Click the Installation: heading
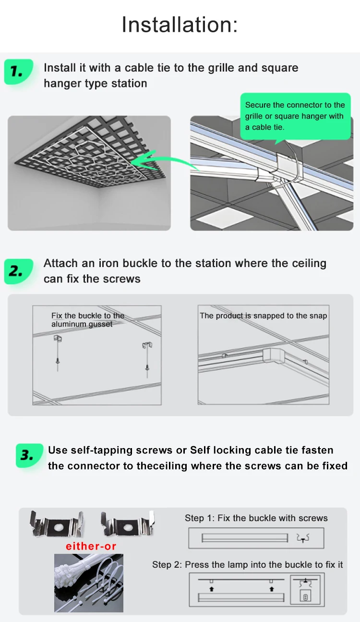pyautogui.click(x=180, y=24)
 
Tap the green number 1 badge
pyautogui.click(x=18, y=72)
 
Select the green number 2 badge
pyautogui.click(x=18, y=271)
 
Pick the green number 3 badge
pyautogui.click(x=29, y=456)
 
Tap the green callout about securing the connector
pyautogui.click(x=295, y=117)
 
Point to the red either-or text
pyautogui.click(x=91, y=547)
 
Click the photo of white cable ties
pyautogui.click(x=88, y=583)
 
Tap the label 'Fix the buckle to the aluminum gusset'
pyautogui.click(x=88, y=320)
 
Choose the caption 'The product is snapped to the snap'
pyautogui.click(x=264, y=316)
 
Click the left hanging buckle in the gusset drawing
pyautogui.click(x=58, y=353)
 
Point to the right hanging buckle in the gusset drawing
pyautogui.click(x=147, y=359)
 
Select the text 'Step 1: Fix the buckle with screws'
pyautogui.click(x=256, y=518)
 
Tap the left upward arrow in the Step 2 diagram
pyautogui.click(x=212, y=589)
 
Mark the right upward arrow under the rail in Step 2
pyautogui.click(x=272, y=589)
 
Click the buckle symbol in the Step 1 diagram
pyautogui.click(x=303, y=538)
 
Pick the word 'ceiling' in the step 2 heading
pyautogui.click(x=308, y=264)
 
